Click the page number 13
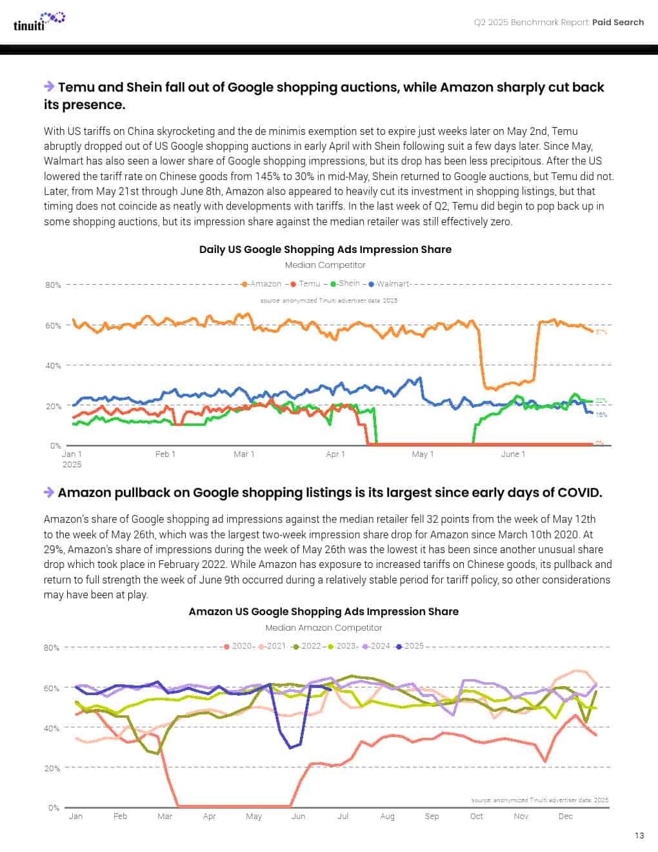coord(639,835)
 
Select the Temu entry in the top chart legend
coord(306,283)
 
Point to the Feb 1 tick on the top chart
coord(166,454)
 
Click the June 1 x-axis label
coord(513,454)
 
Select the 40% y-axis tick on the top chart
coord(53,365)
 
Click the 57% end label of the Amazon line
coord(601,332)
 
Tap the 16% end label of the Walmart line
coord(601,414)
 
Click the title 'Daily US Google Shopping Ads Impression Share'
coord(325,250)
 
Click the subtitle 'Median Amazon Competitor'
coord(324,627)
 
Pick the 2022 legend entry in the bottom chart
coord(308,645)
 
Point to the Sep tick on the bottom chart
coord(432,816)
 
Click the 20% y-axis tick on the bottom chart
coord(53,768)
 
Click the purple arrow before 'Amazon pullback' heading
coord(49,492)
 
